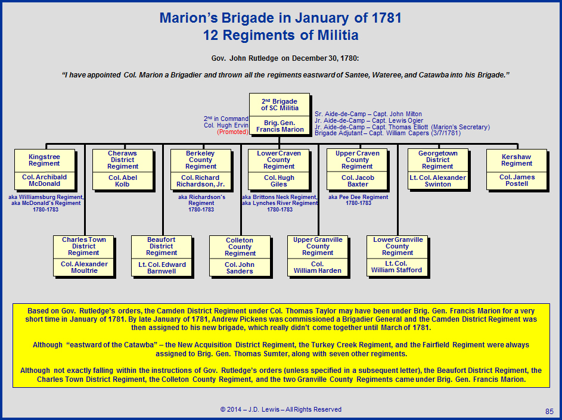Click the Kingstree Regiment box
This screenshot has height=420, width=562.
point(45,170)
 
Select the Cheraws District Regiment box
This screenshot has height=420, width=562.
point(123,170)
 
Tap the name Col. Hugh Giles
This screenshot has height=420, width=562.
point(279,181)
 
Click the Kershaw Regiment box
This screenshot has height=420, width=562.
point(517,170)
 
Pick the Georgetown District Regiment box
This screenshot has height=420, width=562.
point(438,170)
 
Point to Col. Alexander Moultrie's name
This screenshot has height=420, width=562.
point(84,267)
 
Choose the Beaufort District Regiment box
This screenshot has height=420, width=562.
point(162,256)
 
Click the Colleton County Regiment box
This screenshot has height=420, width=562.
point(240,256)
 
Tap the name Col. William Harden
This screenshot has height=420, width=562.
point(318,267)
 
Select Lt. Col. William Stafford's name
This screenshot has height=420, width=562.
point(396,267)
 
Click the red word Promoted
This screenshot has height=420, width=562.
point(232,132)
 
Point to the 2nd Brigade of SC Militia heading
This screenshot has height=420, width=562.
point(280,105)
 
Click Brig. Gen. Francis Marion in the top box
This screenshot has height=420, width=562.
point(280,126)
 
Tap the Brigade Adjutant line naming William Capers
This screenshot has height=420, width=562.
point(388,133)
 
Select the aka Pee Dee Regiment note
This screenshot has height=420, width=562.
point(358,200)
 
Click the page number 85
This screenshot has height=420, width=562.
point(549,412)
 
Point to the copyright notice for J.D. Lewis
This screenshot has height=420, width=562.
point(281,409)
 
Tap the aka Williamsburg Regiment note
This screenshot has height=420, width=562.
point(46,203)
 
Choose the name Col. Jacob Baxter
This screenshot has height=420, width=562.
point(358,181)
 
